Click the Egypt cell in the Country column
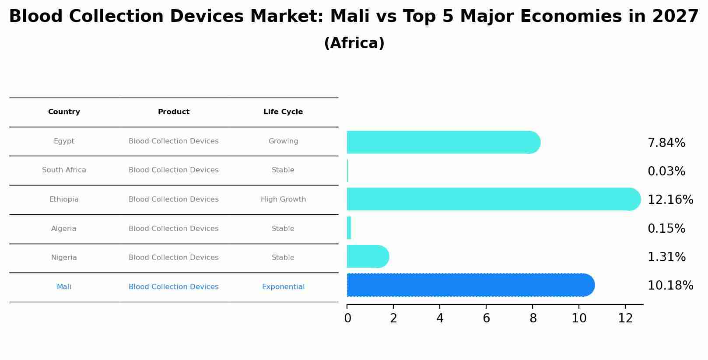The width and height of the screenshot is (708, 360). pyautogui.click(x=64, y=141)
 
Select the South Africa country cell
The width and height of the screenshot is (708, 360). pyautogui.click(x=64, y=170)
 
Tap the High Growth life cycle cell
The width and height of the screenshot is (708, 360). pyautogui.click(x=283, y=199)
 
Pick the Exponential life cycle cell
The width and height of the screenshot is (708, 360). pyautogui.click(x=283, y=287)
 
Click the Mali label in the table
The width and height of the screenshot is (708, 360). pyautogui.click(x=64, y=287)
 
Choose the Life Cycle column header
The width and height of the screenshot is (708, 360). pyautogui.click(x=283, y=112)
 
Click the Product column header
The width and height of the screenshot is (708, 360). pyautogui.click(x=174, y=112)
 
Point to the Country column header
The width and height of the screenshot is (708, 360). pyautogui.click(x=64, y=112)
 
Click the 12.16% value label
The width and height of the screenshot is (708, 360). pyautogui.click(x=670, y=200)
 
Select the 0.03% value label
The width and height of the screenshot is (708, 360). pyautogui.click(x=666, y=171)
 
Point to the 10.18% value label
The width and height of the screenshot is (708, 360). pyautogui.click(x=670, y=286)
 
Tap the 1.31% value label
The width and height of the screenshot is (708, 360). pyautogui.click(x=666, y=257)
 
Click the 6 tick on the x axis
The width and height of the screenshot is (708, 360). pyautogui.click(x=486, y=318)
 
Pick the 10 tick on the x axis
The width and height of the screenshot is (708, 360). pyautogui.click(x=579, y=318)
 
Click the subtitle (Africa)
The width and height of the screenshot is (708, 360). pyautogui.click(x=354, y=43)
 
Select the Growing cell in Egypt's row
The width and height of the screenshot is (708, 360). pyautogui.click(x=283, y=141)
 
